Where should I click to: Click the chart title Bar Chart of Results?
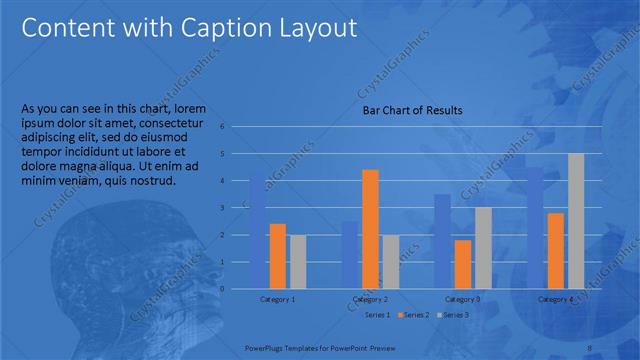coord(412,110)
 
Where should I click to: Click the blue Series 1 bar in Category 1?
coord(258,229)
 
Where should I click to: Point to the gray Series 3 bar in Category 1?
coord(298,262)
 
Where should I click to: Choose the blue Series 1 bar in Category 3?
coord(443,241)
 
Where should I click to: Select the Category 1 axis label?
coord(277,299)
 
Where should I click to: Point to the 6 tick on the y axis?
coord(235,126)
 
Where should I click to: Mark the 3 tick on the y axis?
coord(235,208)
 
